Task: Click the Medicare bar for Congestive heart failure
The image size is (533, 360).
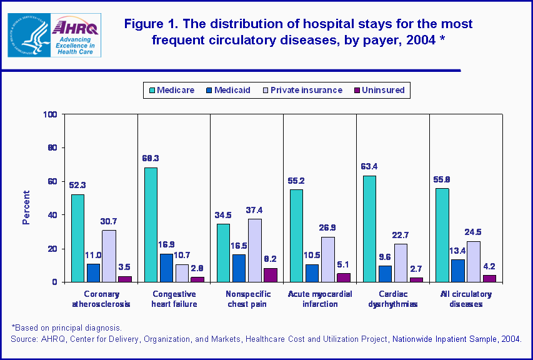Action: (151, 225)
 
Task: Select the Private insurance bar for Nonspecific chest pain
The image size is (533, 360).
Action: (255, 250)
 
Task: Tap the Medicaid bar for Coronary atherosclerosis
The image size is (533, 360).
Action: (94, 272)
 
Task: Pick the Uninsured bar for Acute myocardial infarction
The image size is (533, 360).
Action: (343, 277)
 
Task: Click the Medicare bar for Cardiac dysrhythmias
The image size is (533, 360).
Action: (370, 229)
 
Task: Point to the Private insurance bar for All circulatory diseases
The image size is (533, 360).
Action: (474, 261)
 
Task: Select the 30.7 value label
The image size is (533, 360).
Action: (109, 221)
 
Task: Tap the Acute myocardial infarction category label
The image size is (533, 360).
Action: (319, 299)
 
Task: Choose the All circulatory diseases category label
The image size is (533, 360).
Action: (466, 299)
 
